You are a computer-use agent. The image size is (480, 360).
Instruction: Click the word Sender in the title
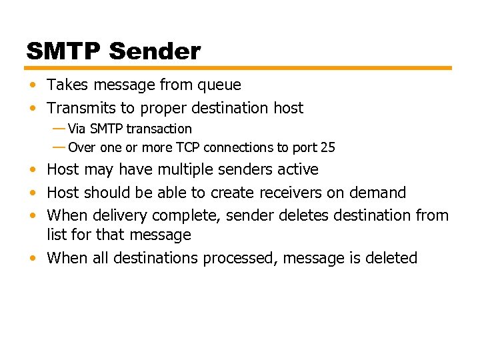pos(155,51)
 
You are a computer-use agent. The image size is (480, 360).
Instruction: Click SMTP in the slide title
pos(64,51)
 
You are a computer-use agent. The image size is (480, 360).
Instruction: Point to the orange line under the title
pos(239,68)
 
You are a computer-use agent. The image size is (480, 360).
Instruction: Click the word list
pos(55,235)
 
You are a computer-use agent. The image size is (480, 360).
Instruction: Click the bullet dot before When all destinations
pos(32,259)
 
